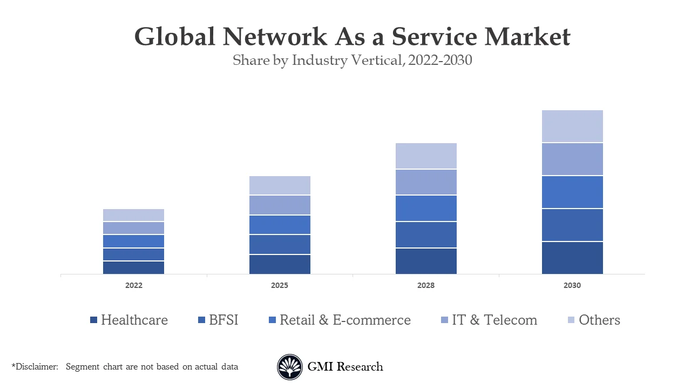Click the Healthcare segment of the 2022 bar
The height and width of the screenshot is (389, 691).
click(133, 267)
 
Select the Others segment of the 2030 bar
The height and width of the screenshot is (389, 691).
click(572, 126)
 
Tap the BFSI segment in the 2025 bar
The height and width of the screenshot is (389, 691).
click(280, 244)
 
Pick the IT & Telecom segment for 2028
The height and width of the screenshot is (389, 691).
click(426, 182)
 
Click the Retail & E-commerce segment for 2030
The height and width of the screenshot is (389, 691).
click(572, 192)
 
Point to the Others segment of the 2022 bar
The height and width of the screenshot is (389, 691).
click(133, 215)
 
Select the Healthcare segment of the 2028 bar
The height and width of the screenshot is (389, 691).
click(426, 261)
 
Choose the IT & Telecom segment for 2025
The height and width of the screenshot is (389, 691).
click(280, 205)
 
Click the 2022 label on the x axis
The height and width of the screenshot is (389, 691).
click(133, 285)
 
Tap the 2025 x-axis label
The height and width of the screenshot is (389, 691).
click(280, 285)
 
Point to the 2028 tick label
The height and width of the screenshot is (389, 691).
click(426, 285)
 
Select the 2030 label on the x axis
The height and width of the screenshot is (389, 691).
click(572, 285)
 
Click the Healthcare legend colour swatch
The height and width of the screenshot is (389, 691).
click(94, 320)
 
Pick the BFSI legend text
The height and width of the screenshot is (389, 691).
click(223, 320)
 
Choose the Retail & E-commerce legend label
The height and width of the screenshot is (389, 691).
click(345, 320)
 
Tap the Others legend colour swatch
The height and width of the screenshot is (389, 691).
click(572, 320)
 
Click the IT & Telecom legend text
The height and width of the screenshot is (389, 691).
click(494, 320)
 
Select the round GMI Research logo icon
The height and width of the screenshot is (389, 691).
click(290, 367)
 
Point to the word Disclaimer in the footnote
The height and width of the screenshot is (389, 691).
click(37, 367)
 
